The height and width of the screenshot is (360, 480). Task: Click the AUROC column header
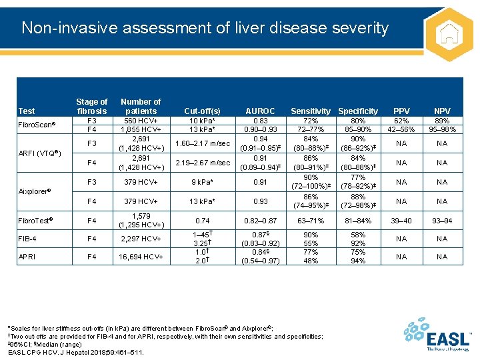point(260,111)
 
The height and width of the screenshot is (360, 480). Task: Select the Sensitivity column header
point(311,111)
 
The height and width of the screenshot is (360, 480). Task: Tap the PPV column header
point(402,111)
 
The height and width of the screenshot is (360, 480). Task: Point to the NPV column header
point(442,111)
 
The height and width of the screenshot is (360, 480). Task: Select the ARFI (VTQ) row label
point(40,153)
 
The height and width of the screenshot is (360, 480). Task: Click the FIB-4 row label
point(28,239)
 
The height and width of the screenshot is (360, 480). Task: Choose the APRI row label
point(27,257)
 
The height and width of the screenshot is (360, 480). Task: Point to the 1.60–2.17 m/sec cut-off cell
point(202,143)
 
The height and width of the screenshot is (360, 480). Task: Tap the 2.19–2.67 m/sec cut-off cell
point(202,163)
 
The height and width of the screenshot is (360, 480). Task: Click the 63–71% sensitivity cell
point(311,220)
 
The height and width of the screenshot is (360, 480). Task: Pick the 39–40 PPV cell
point(402,220)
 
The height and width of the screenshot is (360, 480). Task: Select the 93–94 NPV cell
point(442,220)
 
